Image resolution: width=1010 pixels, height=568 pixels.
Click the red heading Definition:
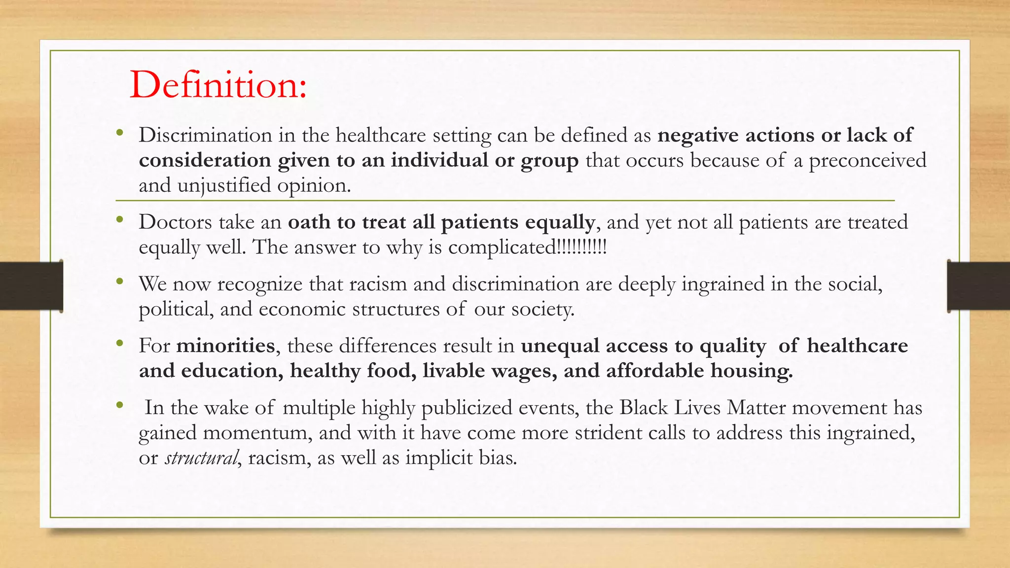coord(218,85)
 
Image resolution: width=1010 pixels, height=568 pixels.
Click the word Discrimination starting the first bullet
coord(205,135)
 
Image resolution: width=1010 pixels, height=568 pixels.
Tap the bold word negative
coord(698,135)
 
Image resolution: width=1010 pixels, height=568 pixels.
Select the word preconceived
coord(867,160)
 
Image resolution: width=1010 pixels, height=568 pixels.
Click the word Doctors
coord(175,222)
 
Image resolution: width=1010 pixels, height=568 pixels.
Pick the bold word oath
coord(309,222)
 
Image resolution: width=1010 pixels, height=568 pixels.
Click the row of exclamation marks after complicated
coord(581,247)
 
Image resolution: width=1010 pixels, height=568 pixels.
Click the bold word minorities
coord(225,346)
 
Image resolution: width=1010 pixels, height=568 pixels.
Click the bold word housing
coord(752,371)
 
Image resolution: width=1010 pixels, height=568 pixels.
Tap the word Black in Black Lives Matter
coord(643,408)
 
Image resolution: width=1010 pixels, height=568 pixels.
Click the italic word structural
coord(201,458)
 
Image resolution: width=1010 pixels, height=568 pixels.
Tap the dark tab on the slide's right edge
coord(978,286)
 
